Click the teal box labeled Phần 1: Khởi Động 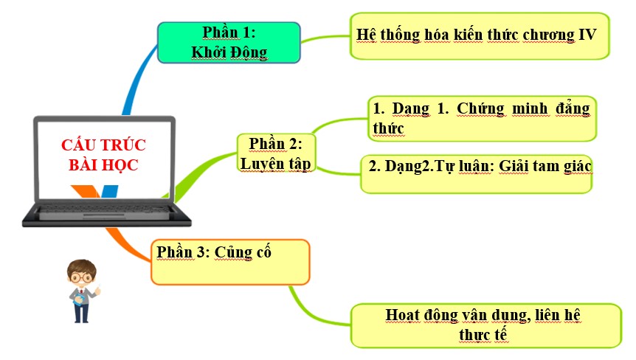pyautogui.click(x=229, y=43)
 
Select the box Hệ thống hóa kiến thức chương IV pyautogui.click(x=480, y=36)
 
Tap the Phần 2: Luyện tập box pyautogui.click(x=276, y=153)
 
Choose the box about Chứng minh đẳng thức pyautogui.click(x=482, y=119)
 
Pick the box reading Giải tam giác pyautogui.click(x=476, y=174)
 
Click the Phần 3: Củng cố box pyautogui.click(x=230, y=262)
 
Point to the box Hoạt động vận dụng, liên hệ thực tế pyautogui.click(x=486, y=325)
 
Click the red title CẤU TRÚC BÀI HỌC pyautogui.click(x=103, y=155)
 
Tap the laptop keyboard pyautogui.click(x=104, y=210)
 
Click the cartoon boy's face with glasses pyautogui.click(x=81, y=277)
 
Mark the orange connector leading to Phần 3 pyautogui.click(x=128, y=245)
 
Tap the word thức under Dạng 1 pyautogui.click(x=388, y=128)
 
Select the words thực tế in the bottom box pyautogui.click(x=483, y=335)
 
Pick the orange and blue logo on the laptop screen pyautogui.click(x=94, y=191)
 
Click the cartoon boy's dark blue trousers pyautogui.click(x=81, y=311)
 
